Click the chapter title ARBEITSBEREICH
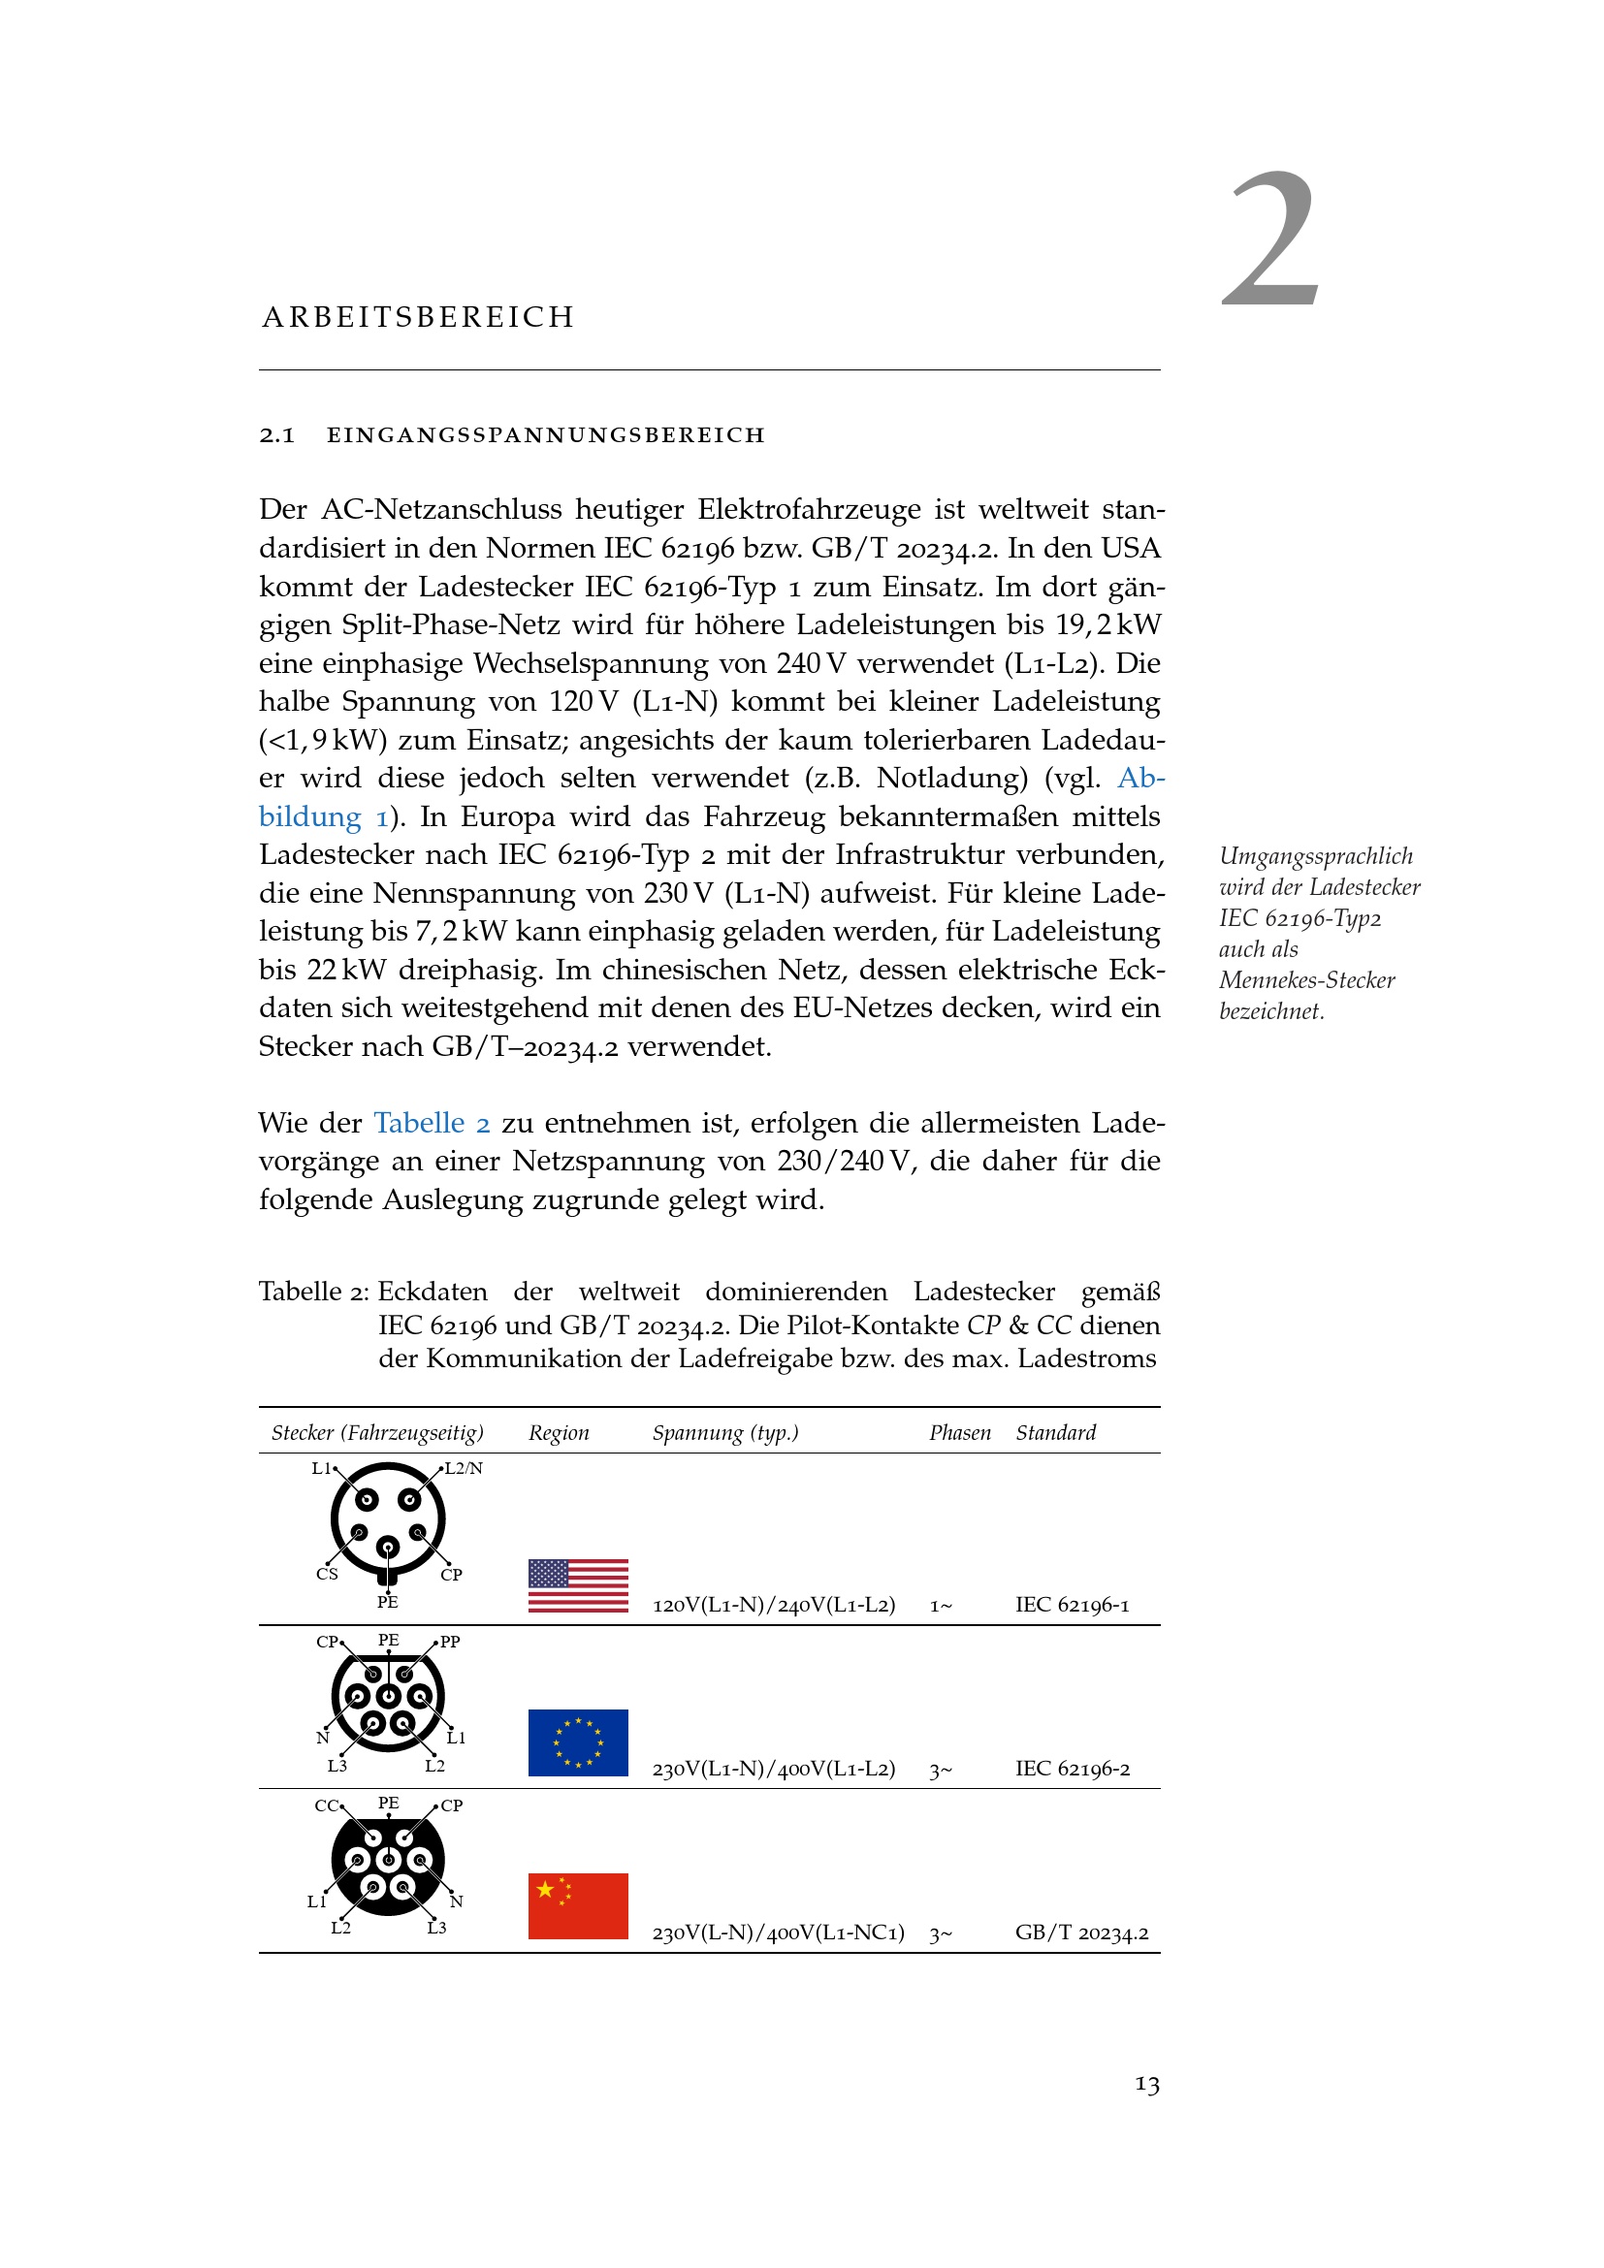[418, 317]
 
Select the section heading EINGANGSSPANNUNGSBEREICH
[545, 435]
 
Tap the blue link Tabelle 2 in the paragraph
[432, 1123]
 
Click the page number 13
[1146, 2086]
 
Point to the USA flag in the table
[578, 1585]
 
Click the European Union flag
[578, 1742]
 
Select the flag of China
[578, 1905]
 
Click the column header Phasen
[959, 1432]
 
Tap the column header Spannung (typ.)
[725, 1432]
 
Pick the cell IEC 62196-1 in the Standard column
[1072, 1605]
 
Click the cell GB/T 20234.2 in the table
[1081, 1933]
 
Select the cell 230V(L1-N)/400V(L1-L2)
[773, 1770]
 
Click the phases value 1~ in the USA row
[941, 1606]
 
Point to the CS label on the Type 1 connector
[327, 1575]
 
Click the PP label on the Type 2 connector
[450, 1642]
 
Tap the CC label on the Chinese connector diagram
[326, 1805]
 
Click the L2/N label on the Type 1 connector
[464, 1468]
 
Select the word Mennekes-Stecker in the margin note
[1305, 980]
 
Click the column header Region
[558, 1432]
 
